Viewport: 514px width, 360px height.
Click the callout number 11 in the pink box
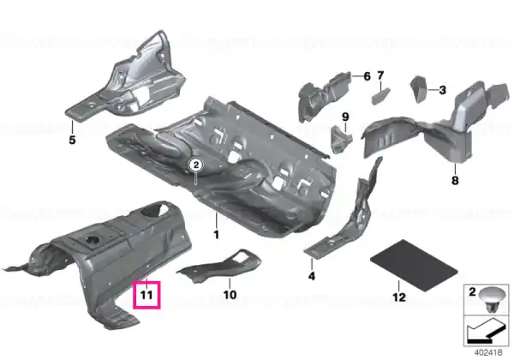pos(146,295)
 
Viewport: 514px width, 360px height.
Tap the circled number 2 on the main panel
pos(196,165)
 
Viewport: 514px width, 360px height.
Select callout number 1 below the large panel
pos(217,234)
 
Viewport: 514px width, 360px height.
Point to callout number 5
pos(72,140)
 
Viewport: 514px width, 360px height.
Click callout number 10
pos(230,295)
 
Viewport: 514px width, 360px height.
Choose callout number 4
pos(312,276)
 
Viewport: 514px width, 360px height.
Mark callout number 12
pos(399,297)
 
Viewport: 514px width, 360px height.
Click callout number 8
pos(455,180)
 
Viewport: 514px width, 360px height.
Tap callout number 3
pos(443,89)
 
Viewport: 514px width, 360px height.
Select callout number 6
pos(368,76)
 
